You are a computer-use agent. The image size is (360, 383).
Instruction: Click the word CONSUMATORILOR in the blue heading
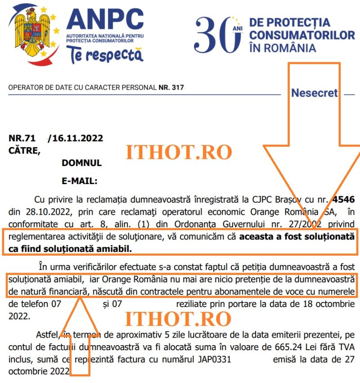[x=302, y=35]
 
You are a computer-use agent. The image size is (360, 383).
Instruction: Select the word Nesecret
[x=314, y=93]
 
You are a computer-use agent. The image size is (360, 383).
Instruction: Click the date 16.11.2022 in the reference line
[x=78, y=138]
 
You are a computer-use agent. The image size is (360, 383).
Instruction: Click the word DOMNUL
[x=81, y=163]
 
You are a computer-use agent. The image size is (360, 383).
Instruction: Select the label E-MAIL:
[x=79, y=181]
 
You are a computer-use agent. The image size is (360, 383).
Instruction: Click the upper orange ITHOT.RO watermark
[x=179, y=153]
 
